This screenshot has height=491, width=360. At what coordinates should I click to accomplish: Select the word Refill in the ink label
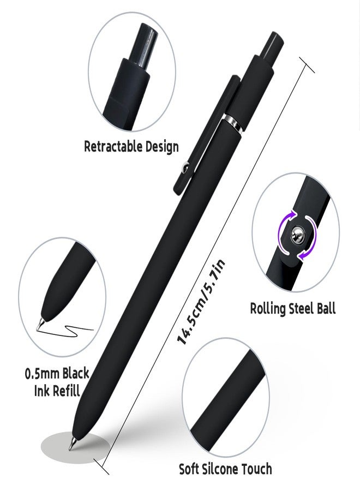[66, 391]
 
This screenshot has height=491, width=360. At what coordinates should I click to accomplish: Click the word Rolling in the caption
[268, 308]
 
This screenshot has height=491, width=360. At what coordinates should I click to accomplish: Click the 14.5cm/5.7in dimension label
[201, 302]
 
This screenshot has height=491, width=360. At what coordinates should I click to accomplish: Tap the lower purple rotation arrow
[308, 246]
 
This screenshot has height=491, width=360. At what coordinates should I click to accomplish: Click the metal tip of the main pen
[73, 444]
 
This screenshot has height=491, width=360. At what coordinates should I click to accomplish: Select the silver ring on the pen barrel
[233, 123]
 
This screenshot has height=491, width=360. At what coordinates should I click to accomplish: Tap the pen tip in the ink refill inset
[40, 324]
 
